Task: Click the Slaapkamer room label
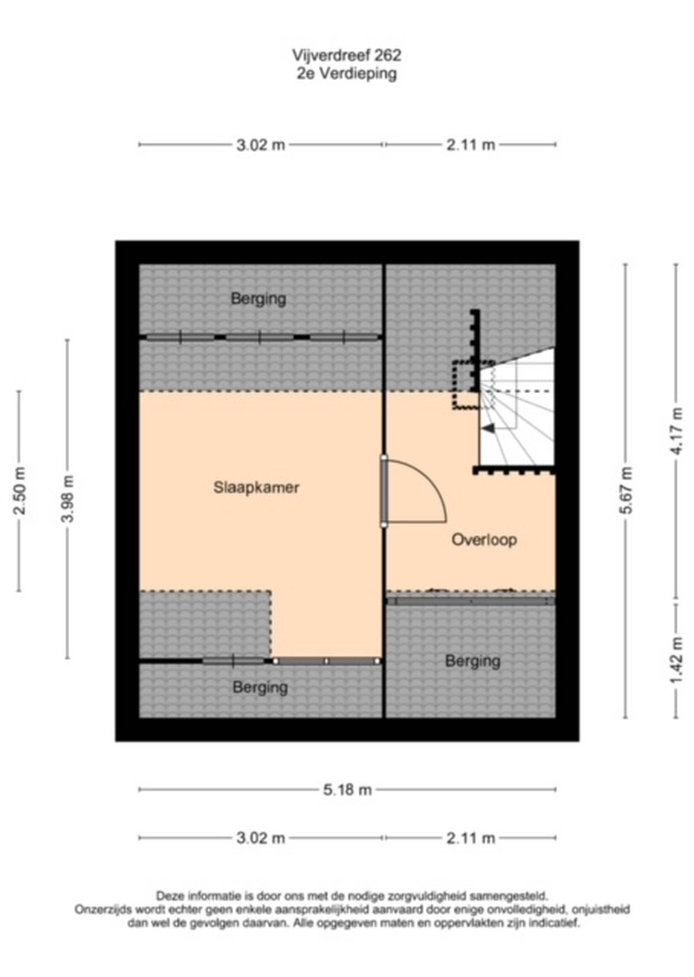click(x=256, y=487)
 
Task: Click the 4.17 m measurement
click(x=676, y=431)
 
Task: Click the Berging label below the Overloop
click(x=473, y=661)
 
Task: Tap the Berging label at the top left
click(x=258, y=299)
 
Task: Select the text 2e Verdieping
click(x=347, y=73)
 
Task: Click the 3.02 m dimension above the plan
click(x=261, y=145)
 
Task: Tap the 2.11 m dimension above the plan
click(x=471, y=145)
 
